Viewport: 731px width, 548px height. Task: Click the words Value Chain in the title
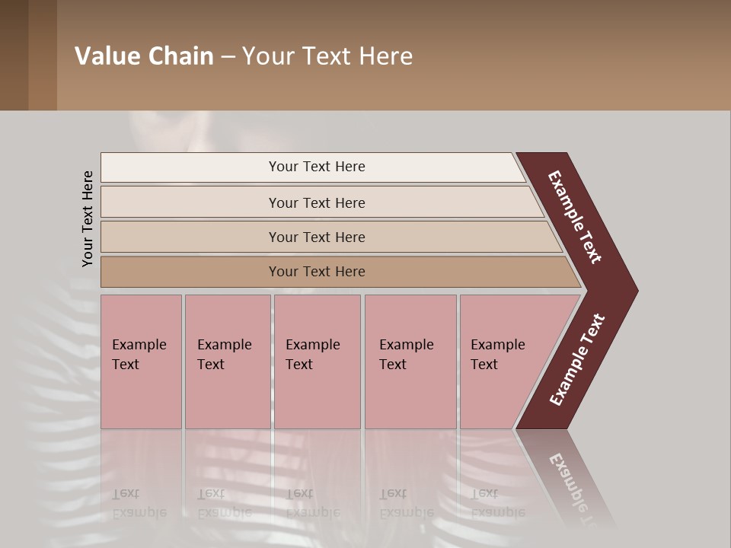point(144,56)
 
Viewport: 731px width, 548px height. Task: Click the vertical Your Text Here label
point(88,218)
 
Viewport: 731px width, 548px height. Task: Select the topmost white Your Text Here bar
point(316,167)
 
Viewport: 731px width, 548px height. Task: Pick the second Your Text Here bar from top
point(316,202)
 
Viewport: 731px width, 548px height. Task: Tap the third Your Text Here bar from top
point(316,237)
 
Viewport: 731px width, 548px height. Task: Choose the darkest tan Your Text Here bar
point(316,272)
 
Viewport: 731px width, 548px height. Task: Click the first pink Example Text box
point(141,361)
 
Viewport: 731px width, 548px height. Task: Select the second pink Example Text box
point(227,361)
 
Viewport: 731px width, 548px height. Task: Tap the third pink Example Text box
point(316,361)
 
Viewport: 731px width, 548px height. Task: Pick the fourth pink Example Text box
point(410,361)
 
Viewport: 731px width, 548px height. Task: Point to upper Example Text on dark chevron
point(576,217)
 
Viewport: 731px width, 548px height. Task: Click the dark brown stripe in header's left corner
point(14,55)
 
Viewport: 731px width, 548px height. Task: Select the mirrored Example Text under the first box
point(139,503)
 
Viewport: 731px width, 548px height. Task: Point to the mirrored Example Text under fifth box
point(497,503)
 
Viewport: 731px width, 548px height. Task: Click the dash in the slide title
point(228,56)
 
